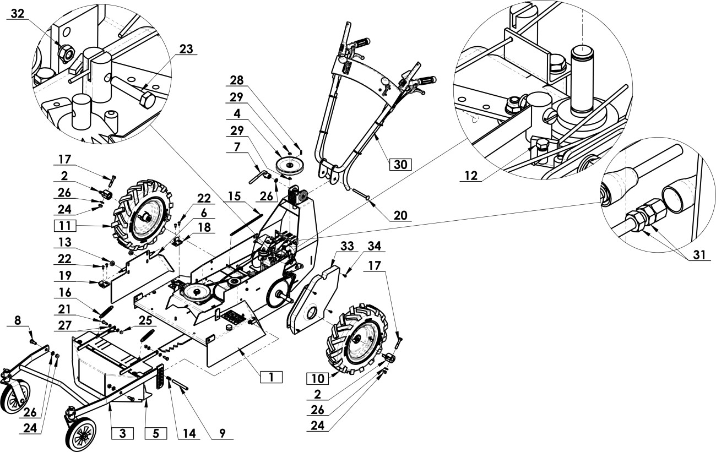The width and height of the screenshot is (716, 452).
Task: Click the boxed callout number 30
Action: (400, 165)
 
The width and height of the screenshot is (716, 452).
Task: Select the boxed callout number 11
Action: (65, 226)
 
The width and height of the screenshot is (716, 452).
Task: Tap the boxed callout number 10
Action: (318, 379)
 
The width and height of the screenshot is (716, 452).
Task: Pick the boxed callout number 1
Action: (272, 377)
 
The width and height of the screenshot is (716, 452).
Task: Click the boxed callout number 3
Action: (123, 433)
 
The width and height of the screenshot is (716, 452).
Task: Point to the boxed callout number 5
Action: (156, 433)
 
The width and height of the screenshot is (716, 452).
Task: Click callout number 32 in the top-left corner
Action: (17, 14)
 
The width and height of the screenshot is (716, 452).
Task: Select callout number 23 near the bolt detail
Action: (186, 49)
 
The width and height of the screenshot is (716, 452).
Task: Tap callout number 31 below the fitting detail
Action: (699, 254)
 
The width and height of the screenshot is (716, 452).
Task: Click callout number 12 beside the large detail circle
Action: (471, 176)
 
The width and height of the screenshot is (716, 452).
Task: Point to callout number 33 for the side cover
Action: (347, 246)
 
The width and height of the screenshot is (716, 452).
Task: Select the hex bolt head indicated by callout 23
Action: (148, 100)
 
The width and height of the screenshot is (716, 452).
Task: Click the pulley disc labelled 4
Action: (290, 165)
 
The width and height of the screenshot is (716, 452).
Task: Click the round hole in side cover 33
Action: (312, 313)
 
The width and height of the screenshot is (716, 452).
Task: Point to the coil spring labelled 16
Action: (106, 312)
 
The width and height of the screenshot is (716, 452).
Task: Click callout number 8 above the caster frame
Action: (18, 320)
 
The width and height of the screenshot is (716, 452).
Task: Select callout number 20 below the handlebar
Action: (400, 216)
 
